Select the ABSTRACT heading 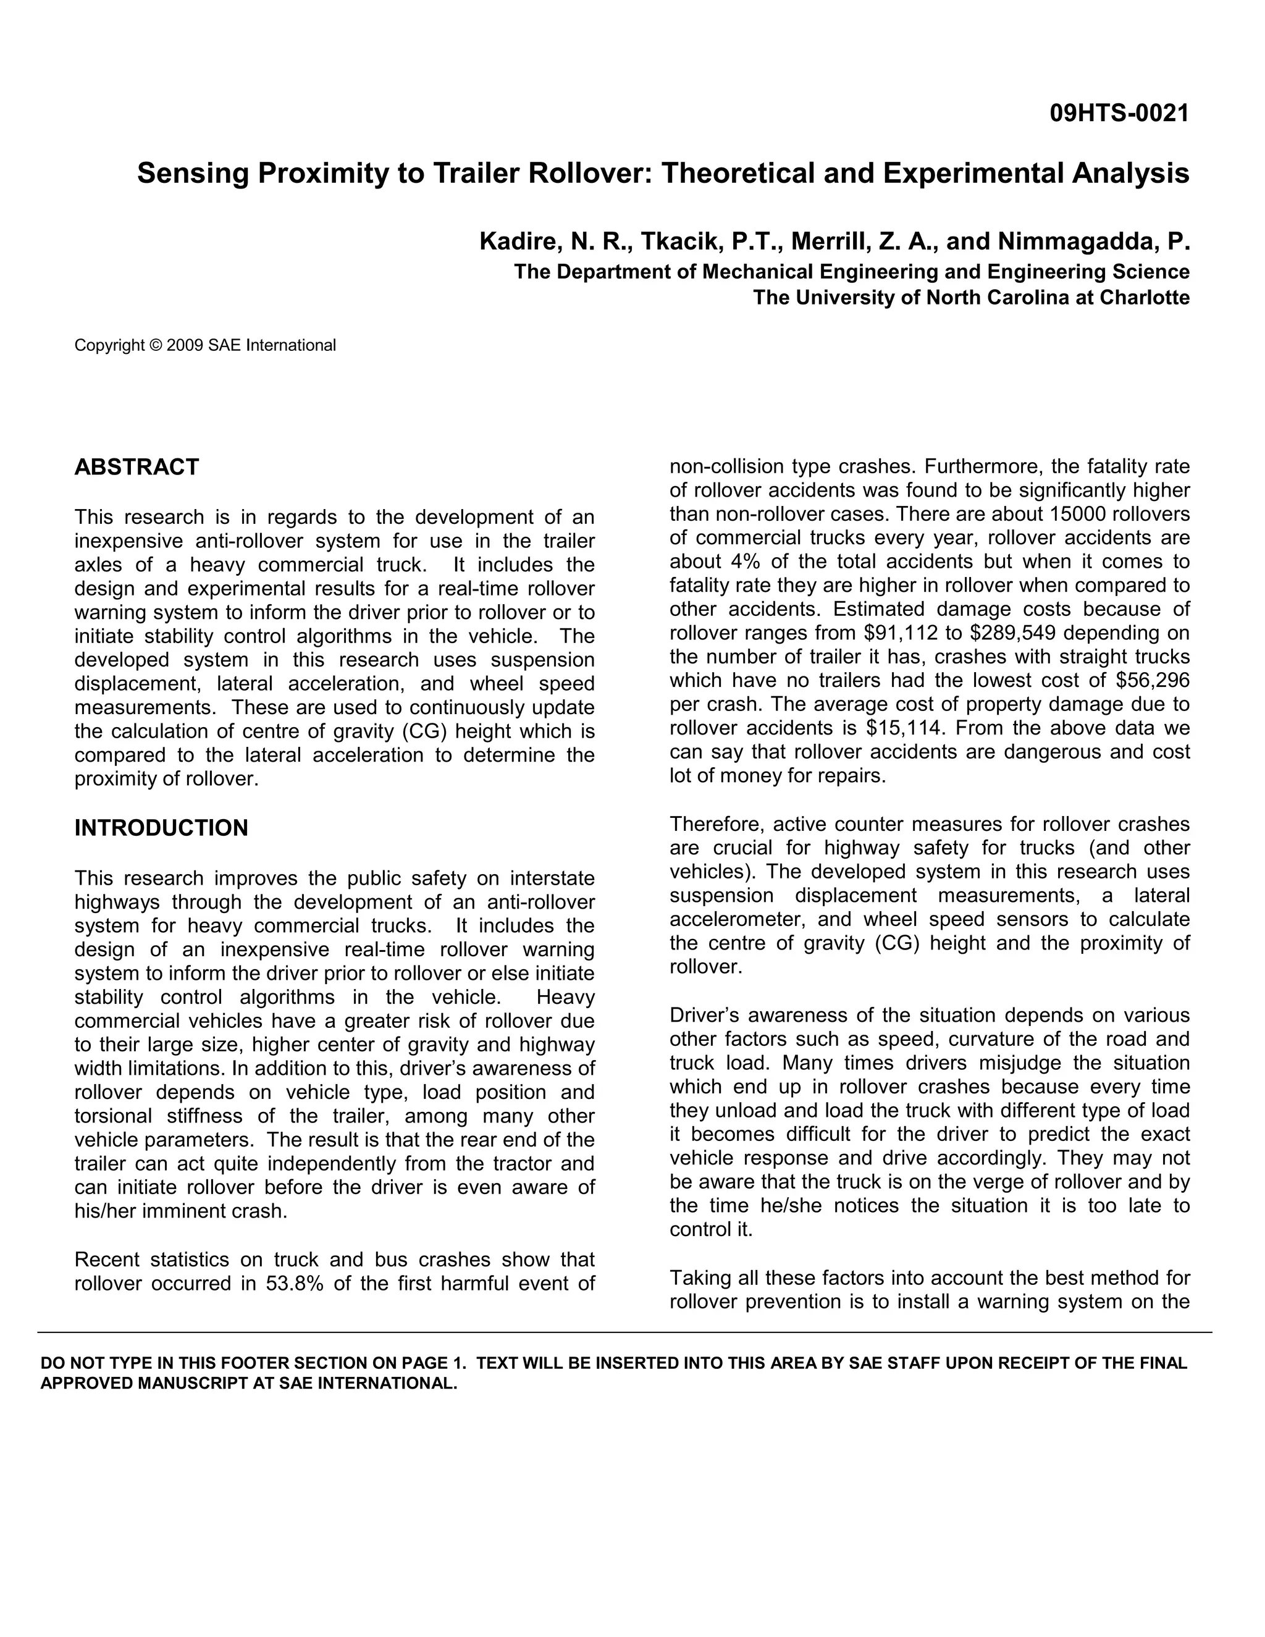click(x=137, y=467)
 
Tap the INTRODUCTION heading click(x=161, y=828)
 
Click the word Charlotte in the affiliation click(x=1145, y=298)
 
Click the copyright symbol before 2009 click(x=156, y=345)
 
